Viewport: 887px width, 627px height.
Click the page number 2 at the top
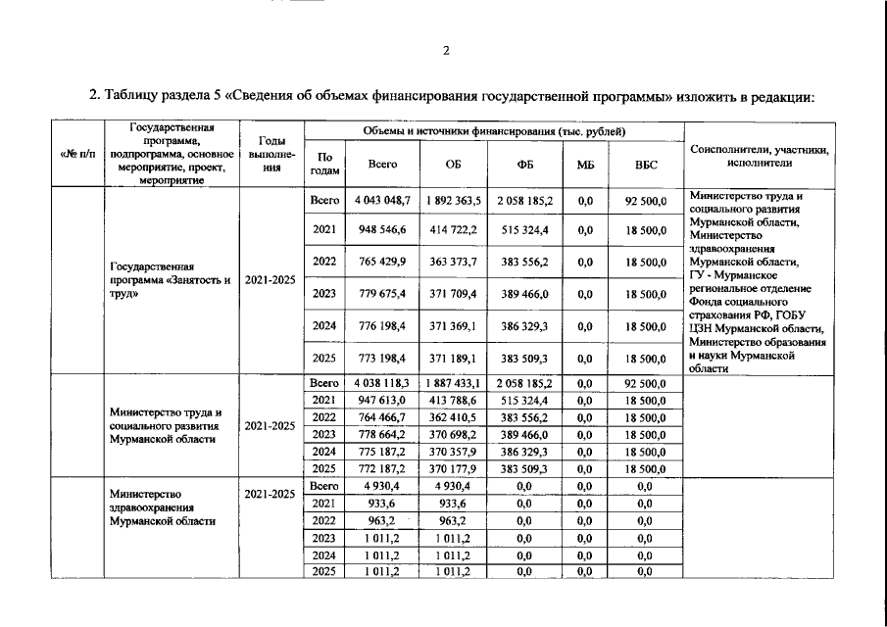[445, 51]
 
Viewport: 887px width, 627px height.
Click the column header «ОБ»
[453, 166]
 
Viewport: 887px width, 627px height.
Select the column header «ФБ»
[524, 166]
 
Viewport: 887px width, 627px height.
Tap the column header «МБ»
[585, 166]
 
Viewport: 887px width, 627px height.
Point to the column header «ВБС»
[645, 166]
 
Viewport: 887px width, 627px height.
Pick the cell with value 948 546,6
[382, 230]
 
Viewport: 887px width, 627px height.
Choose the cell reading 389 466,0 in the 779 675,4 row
[524, 293]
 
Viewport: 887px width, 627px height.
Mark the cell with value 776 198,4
[382, 325]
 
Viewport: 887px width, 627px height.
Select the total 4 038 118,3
[382, 384]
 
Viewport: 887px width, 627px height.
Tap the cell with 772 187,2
[382, 469]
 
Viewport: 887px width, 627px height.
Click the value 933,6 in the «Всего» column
[382, 504]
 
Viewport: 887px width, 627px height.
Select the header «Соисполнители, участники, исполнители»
[760, 156]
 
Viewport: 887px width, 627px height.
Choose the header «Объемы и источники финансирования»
[494, 131]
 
